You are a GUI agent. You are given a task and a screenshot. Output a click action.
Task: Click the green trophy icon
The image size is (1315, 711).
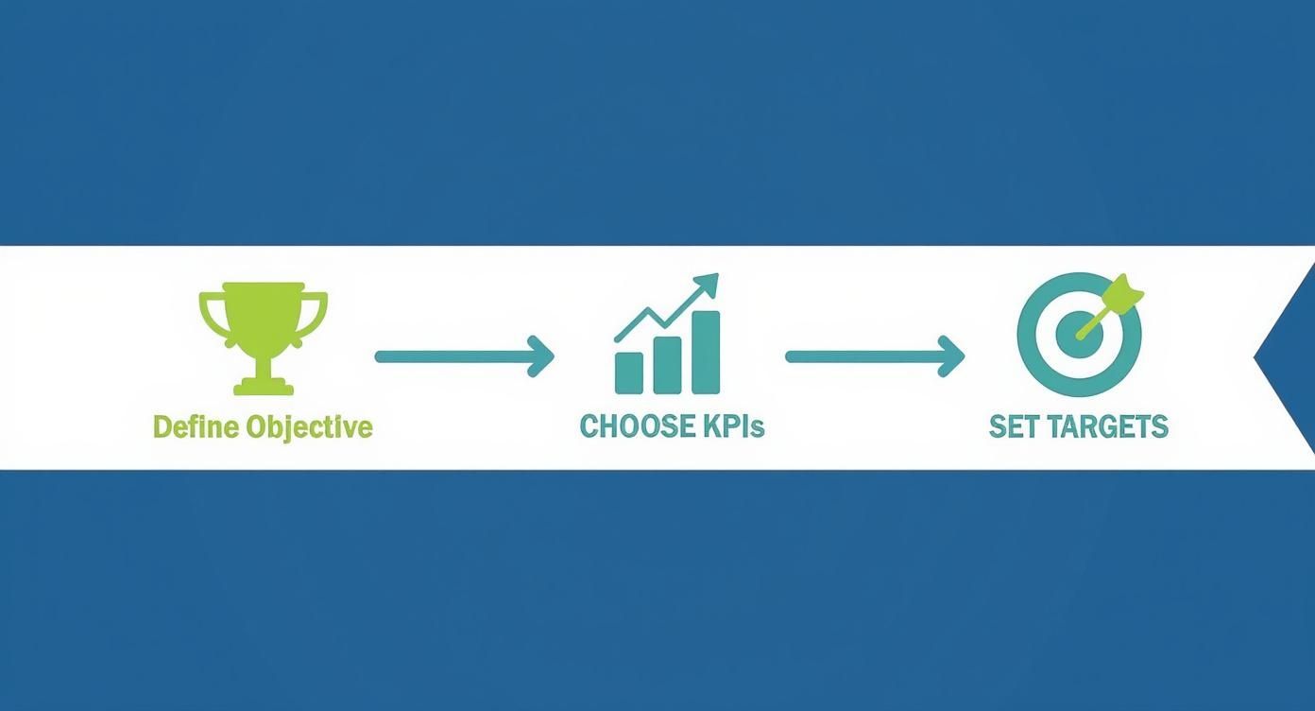(264, 336)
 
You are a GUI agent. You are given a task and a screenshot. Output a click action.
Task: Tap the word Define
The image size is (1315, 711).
(196, 427)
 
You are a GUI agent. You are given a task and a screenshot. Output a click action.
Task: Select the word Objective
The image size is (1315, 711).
(309, 427)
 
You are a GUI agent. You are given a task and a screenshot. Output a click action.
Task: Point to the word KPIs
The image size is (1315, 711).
(732, 426)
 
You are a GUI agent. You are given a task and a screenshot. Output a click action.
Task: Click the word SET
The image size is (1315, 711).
(1013, 426)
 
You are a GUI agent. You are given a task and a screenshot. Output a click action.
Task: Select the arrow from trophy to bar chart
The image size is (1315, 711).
(464, 356)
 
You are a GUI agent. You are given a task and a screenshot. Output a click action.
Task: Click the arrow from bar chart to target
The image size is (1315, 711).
(875, 356)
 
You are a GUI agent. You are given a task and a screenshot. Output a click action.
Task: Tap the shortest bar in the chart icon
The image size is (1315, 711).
(629, 373)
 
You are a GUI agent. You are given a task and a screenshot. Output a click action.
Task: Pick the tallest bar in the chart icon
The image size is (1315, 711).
(706, 352)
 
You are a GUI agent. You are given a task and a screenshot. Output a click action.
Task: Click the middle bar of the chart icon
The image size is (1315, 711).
(667, 364)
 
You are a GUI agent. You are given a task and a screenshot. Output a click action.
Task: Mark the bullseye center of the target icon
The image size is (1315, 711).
(1076, 336)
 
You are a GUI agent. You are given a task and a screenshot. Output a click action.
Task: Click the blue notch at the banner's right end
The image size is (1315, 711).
(1292, 358)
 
